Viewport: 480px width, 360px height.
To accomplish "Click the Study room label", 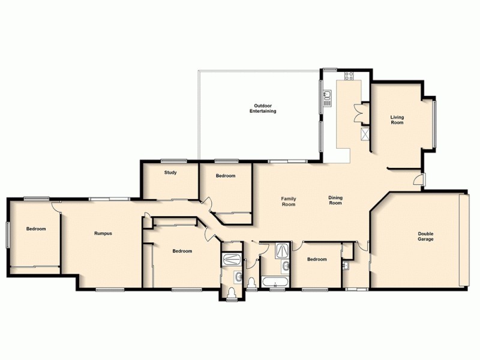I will click(x=170, y=173).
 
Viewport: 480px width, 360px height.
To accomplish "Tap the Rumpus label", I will click(x=103, y=233).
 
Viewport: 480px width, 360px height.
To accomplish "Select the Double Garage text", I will click(x=426, y=236).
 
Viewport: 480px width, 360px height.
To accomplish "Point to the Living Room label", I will click(x=397, y=119).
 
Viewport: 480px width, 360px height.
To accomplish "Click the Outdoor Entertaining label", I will click(x=265, y=109).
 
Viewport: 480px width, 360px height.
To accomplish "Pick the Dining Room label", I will click(x=335, y=200).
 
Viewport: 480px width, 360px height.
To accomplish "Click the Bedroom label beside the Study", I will click(x=226, y=176).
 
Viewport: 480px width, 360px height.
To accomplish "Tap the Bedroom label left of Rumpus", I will click(x=35, y=229).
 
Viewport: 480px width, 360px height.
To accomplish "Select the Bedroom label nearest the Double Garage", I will click(x=317, y=259).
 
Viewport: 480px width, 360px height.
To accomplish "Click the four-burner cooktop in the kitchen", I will click(x=349, y=76).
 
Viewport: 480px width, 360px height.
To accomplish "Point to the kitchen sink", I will click(x=328, y=97).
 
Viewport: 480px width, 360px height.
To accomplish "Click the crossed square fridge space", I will click(x=364, y=133).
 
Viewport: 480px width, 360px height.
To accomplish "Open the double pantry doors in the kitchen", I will click(x=359, y=112).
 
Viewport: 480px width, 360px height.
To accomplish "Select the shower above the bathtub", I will click(x=283, y=251).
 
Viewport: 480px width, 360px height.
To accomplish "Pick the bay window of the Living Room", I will click(x=434, y=123).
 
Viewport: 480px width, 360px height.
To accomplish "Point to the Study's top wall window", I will click(x=174, y=160).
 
